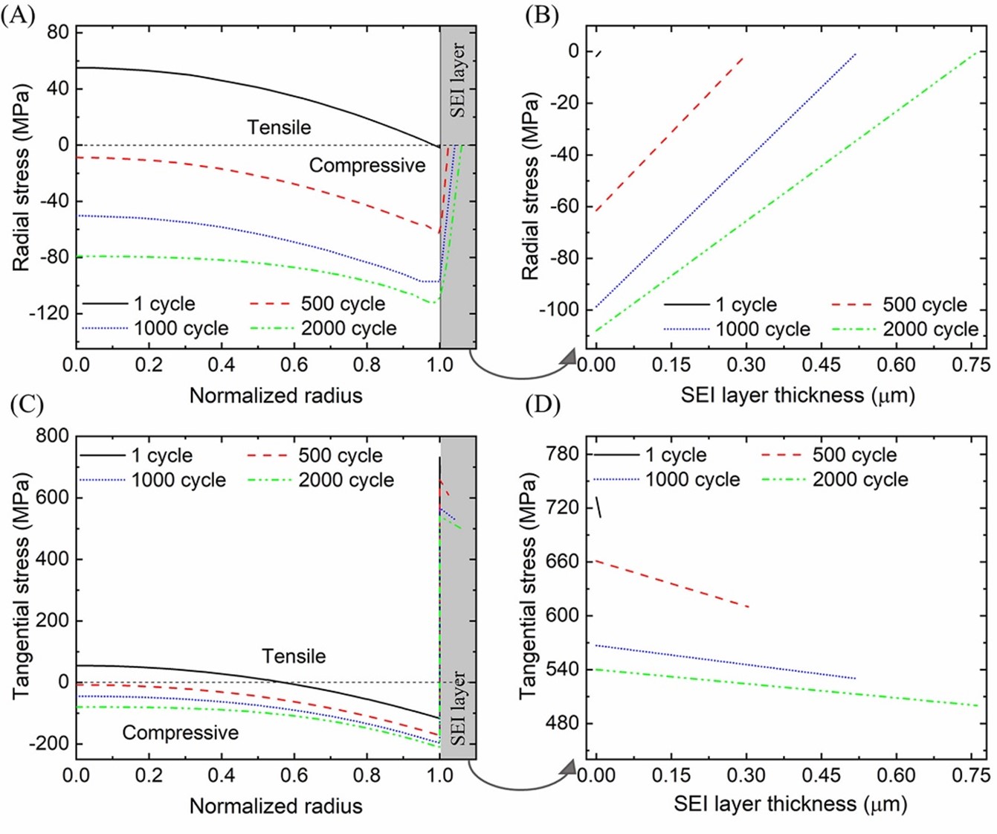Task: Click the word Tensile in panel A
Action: [x=279, y=127]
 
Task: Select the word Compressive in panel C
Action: [x=180, y=733]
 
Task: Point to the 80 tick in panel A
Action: [x=57, y=32]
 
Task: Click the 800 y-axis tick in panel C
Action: [x=53, y=435]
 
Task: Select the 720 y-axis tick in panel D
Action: [x=563, y=507]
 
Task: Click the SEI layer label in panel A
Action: [x=458, y=80]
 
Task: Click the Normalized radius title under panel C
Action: [x=276, y=806]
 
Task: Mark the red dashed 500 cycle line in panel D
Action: [x=671, y=584]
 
